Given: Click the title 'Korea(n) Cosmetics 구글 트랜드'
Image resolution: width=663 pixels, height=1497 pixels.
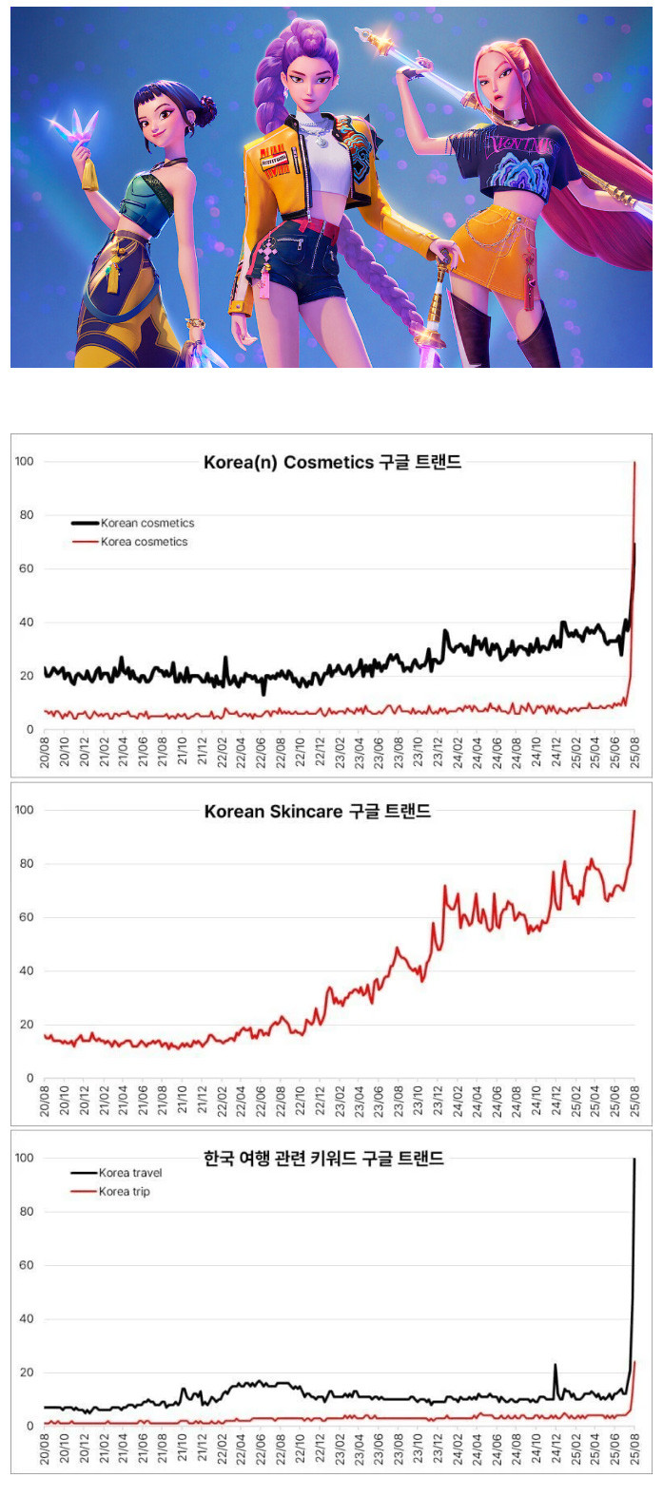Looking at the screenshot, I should click(332, 463).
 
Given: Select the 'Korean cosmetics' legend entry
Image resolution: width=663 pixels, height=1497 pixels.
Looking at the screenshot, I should click(147, 523).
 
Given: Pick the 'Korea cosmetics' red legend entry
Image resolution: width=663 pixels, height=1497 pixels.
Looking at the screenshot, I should click(144, 542).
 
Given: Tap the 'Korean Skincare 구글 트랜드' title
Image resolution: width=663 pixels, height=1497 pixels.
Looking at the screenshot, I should click(318, 812).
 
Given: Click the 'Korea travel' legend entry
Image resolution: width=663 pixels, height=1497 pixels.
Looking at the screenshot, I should click(130, 1173).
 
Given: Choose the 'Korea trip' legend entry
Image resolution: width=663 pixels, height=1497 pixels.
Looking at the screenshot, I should click(124, 1192).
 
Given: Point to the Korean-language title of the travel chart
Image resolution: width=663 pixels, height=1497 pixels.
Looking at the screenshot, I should click(323, 1159).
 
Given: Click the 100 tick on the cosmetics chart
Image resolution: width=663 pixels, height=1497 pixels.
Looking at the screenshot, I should click(24, 462).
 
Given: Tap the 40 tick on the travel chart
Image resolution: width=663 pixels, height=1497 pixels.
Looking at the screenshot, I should click(26, 1319).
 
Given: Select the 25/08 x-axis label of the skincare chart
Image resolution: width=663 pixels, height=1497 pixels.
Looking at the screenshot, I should click(634, 1102).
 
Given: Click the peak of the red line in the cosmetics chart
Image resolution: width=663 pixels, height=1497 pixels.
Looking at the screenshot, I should click(634, 463).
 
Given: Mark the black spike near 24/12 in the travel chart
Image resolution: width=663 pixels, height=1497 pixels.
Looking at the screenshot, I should click(556, 1366).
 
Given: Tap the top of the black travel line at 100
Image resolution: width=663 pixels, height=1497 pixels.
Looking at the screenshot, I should click(634, 1160).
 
